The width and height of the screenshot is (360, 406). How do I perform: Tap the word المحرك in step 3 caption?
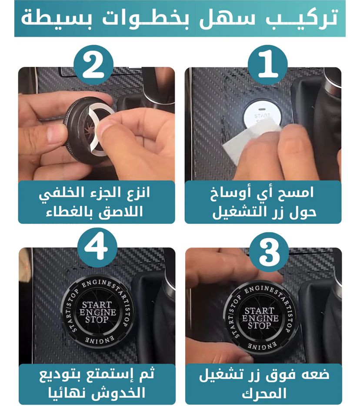(264, 393)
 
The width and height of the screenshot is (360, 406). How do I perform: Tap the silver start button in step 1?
(261, 114)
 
